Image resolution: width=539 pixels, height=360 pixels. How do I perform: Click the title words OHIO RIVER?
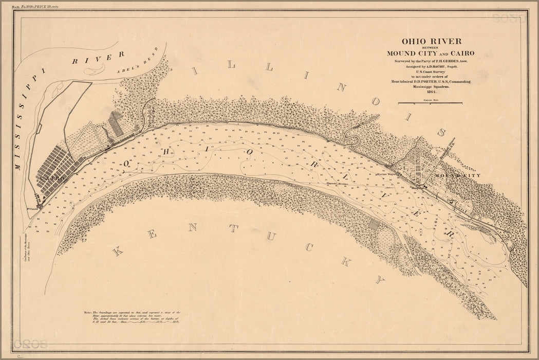tap(431, 41)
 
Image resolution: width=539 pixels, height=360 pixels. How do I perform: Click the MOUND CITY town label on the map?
tap(457, 176)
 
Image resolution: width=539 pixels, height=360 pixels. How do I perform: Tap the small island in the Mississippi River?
tap(95, 69)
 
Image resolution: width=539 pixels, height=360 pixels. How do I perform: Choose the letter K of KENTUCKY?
tap(118, 251)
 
